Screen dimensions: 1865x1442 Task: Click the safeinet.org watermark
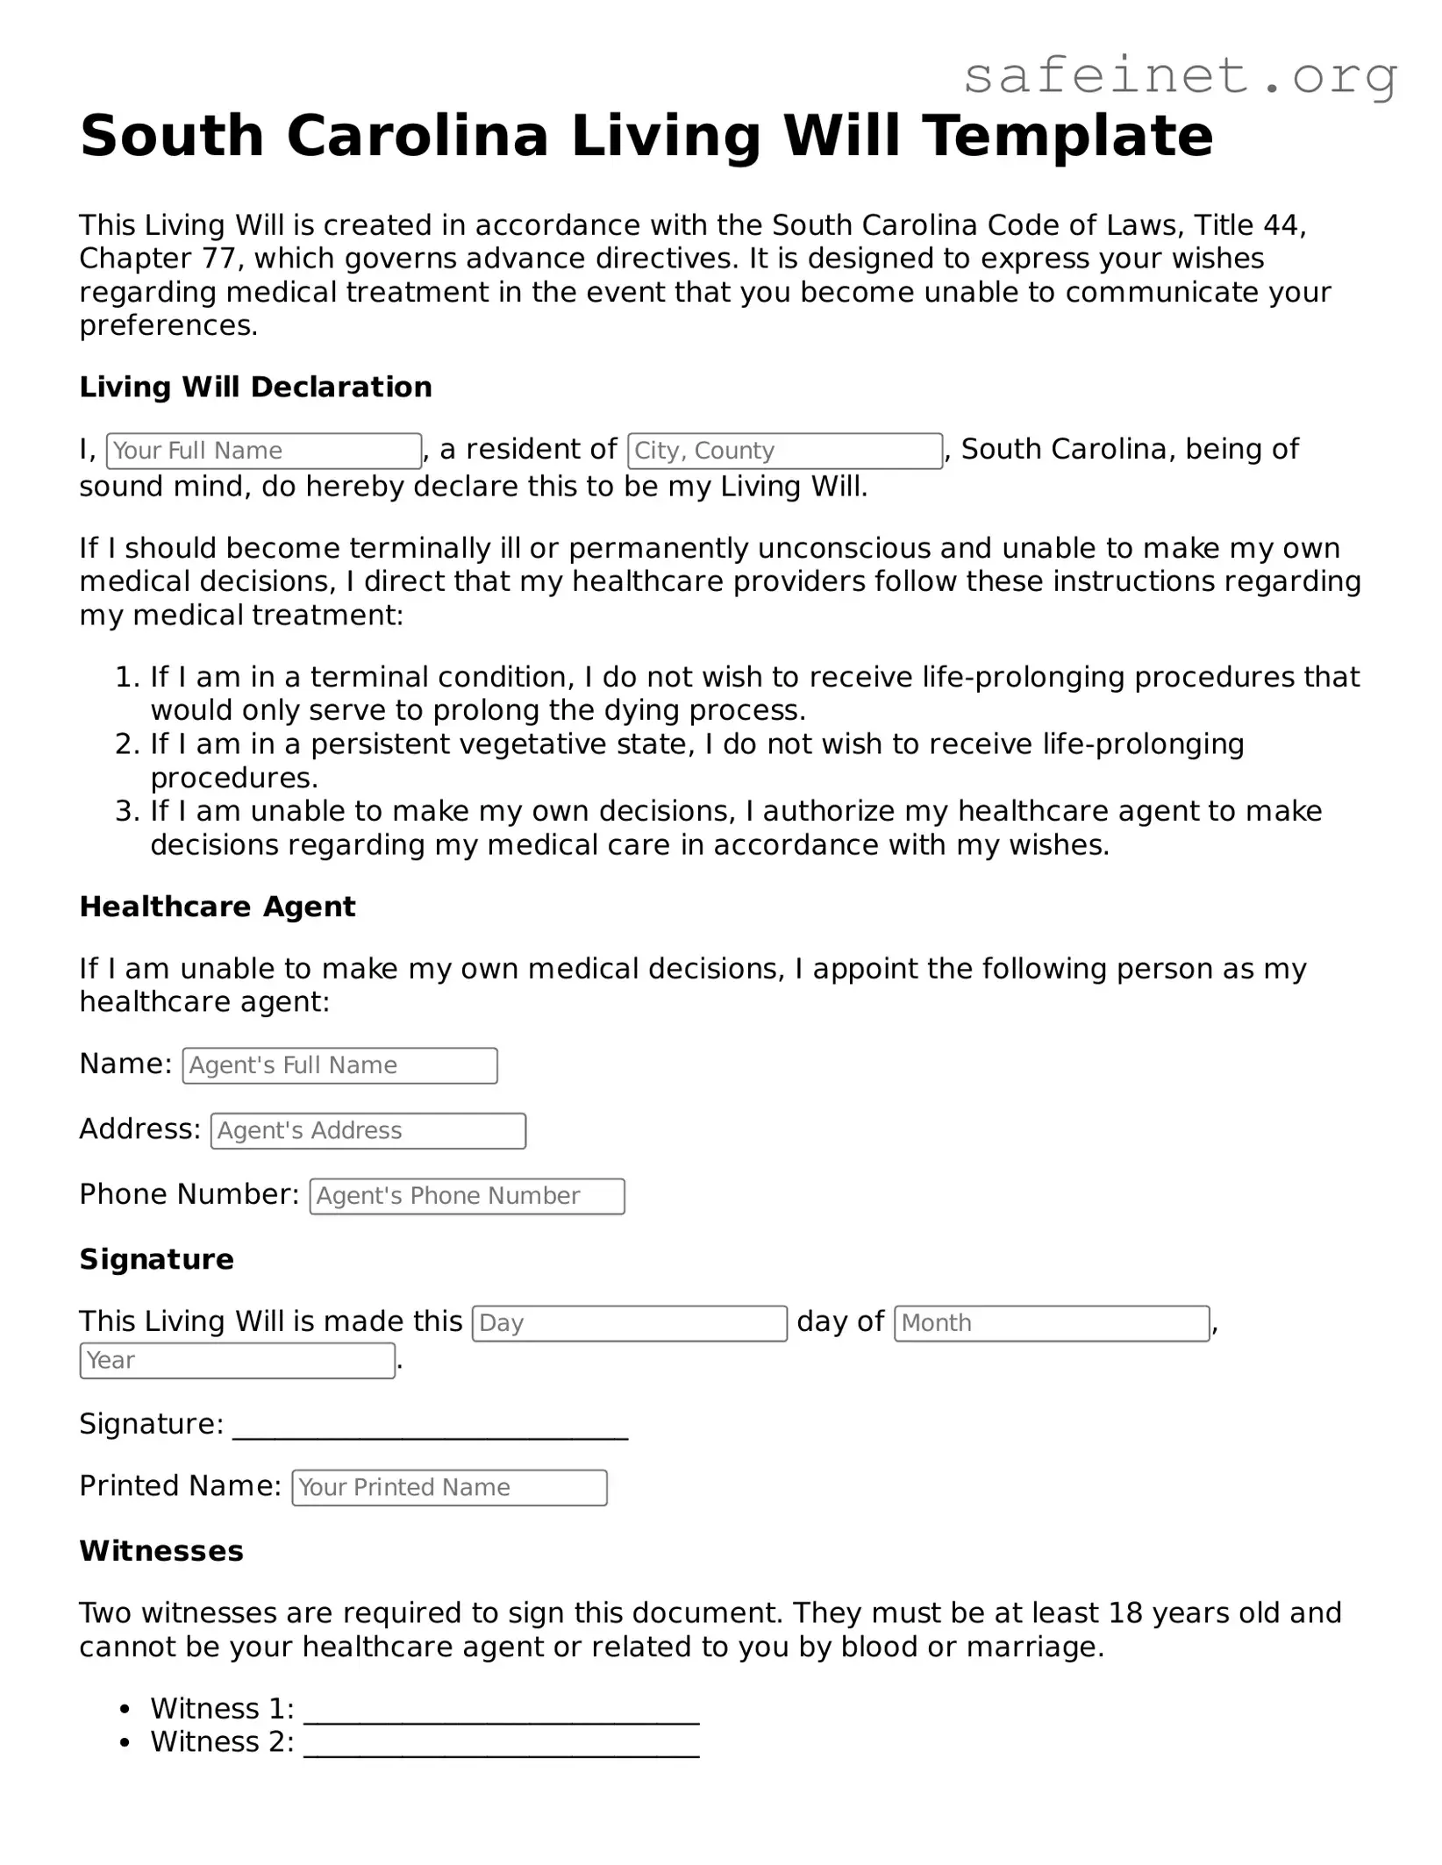pos(1180,76)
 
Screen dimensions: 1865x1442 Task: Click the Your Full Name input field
pos(263,451)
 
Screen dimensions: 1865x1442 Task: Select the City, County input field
pos(785,451)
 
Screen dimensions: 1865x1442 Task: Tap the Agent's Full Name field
pos(339,1065)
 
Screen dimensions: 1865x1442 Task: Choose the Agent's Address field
pos(368,1131)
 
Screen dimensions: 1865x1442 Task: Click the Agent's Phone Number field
pos(467,1196)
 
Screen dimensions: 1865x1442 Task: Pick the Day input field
pos(629,1323)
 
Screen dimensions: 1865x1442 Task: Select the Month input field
pos(1052,1323)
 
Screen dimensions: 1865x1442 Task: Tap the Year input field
pos(237,1361)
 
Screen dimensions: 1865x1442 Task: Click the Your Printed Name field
pos(449,1488)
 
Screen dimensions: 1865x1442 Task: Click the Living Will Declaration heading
pos(255,387)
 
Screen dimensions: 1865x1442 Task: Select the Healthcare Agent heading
pos(218,907)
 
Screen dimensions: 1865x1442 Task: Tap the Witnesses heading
pos(161,1551)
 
